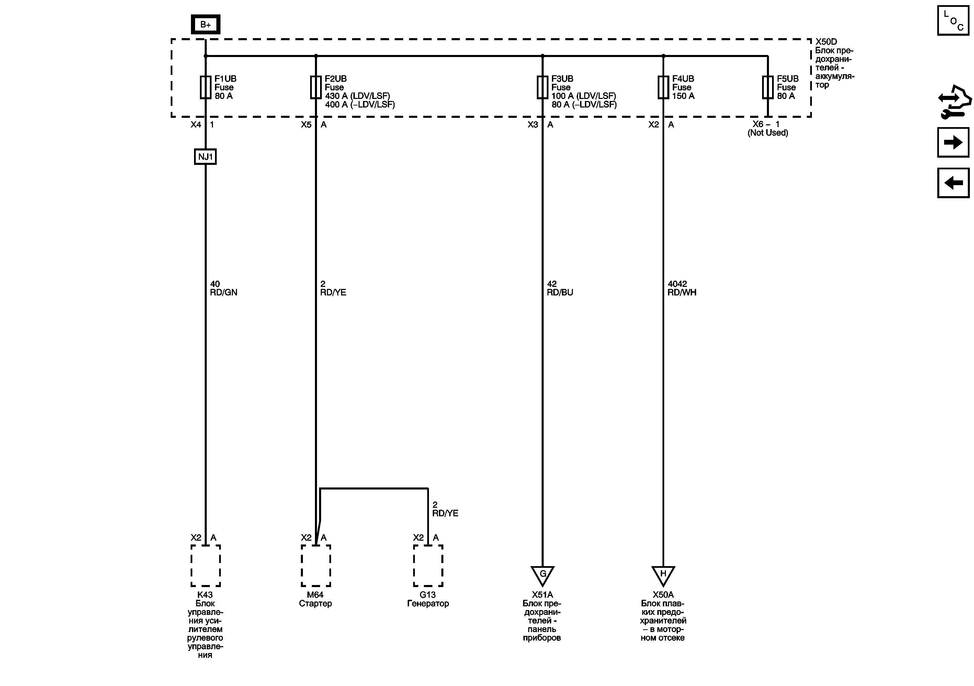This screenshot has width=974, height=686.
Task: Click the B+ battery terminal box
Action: [x=205, y=25]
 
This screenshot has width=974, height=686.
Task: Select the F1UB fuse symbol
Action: [x=205, y=87]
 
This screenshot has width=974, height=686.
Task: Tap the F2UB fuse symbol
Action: [x=316, y=87]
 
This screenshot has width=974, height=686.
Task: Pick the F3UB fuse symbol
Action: [x=542, y=87]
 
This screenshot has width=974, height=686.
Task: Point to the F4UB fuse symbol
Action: [x=663, y=87]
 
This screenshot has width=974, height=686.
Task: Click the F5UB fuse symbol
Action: [x=768, y=87]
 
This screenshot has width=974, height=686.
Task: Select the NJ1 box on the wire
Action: [x=205, y=157]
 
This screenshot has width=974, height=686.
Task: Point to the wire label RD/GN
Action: [x=224, y=292]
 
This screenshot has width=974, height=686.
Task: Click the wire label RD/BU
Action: [x=560, y=292]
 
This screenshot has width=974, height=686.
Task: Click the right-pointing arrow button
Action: [x=953, y=142]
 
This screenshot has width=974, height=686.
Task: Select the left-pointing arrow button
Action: [x=953, y=183]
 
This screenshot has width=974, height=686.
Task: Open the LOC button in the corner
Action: [x=953, y=20]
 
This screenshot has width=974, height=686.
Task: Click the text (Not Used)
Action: [x=768, y=133]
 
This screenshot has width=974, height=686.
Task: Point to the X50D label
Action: [x=826, y=42]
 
